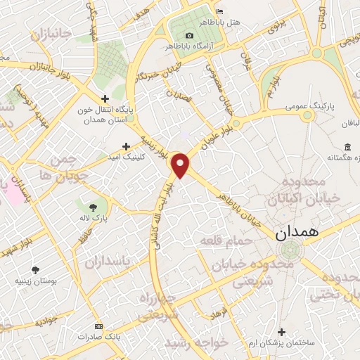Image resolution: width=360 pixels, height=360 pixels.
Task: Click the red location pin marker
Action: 181,166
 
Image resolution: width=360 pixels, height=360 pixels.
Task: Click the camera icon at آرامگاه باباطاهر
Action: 189,36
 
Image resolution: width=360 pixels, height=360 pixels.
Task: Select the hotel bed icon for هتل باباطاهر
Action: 220,13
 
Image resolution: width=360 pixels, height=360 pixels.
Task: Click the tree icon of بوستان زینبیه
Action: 36,269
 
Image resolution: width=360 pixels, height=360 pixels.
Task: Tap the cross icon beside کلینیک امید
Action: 126,146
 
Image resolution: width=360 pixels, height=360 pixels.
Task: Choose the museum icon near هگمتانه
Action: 348,146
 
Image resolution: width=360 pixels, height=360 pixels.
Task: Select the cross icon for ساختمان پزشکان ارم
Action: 282,331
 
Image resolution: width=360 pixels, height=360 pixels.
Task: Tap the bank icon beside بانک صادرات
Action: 98,327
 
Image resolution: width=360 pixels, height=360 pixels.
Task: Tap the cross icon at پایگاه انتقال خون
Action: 105,98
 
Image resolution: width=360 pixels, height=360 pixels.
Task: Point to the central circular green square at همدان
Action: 288,250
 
